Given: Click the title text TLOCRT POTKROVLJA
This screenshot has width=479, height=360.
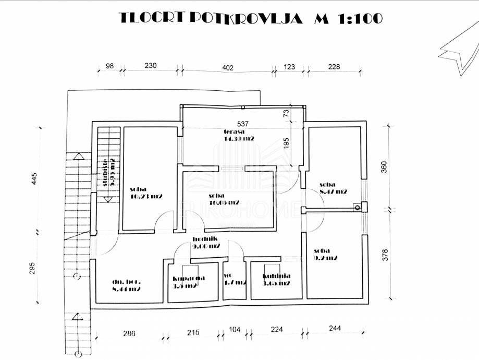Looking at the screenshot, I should pyautogui.click(x=211, y=18).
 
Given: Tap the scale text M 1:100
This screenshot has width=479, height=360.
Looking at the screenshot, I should pyautogui.click(x=348, y=18).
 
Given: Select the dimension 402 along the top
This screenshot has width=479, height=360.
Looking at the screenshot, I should pyautogui.click(x=227, y=67).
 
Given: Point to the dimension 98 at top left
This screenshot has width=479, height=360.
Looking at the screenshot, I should pyautogui.click(x=109, y=66).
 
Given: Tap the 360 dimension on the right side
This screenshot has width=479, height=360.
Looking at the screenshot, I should pyautogui.click(x=384, y=167).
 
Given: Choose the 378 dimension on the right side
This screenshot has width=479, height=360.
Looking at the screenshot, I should pyautogui.click(x=385, y=255).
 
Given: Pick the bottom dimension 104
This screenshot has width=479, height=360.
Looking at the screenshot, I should pyautogui.click(x=235, y=330).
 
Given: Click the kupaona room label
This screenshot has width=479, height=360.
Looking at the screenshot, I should pyautogui.click(x=188, y=282).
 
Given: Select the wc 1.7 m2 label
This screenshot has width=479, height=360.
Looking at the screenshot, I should pyautogui.click(x=234, y=279).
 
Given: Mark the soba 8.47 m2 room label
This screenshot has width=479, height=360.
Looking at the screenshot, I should pyautogui.click(x=333, y=188).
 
